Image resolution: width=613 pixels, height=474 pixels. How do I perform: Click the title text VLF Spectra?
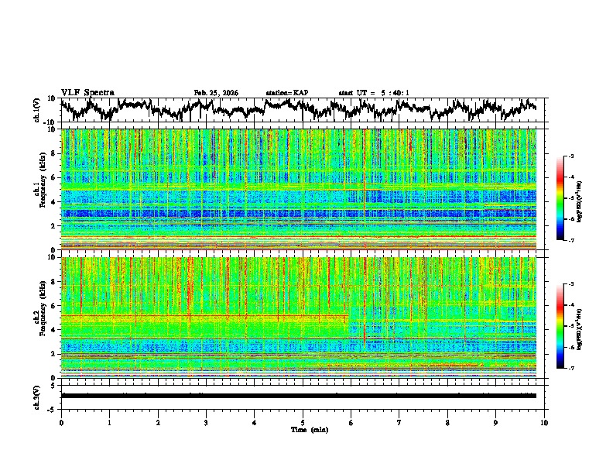(x=87, y=93)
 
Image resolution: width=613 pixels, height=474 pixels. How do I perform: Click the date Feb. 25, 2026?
(x=216, y=93)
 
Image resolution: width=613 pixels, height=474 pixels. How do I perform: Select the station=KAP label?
(x=287, y=93)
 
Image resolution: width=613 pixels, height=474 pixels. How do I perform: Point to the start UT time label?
(x=374, y=93)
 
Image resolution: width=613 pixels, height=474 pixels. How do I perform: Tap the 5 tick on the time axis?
(x=303, y=422)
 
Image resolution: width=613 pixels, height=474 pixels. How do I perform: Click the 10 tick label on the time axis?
(x=544, y=422)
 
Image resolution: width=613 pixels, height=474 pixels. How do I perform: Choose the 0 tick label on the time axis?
(x=61, y=422)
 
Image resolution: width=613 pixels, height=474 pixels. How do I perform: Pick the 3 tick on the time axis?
(x=206, y=422)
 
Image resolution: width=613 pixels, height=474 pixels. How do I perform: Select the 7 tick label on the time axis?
(x=399, y=422)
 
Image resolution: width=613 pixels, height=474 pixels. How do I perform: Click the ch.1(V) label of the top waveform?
(x=37, y=110)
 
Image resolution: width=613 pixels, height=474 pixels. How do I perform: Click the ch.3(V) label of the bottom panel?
(x=37, y=395)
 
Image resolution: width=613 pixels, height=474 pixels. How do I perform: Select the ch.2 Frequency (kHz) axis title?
(x=38, y=317)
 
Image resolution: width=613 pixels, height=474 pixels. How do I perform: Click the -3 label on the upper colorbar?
(x=570, y=156)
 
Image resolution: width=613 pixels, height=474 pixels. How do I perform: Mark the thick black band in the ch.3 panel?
(x=298, y=396)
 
